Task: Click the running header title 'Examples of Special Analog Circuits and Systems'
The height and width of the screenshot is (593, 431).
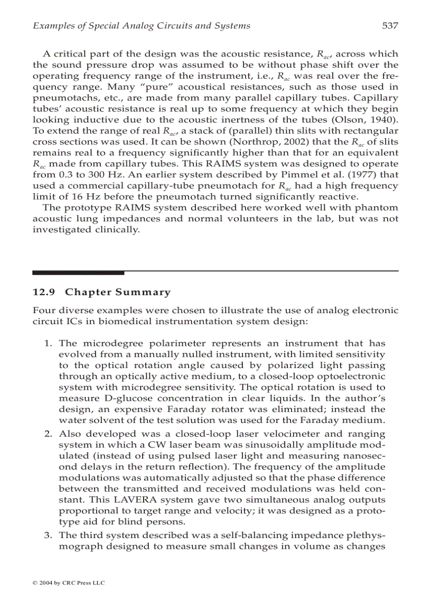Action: [142, 25]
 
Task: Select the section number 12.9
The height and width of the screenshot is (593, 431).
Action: [41, 292]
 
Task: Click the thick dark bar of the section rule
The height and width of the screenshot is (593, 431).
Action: [78, 272]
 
